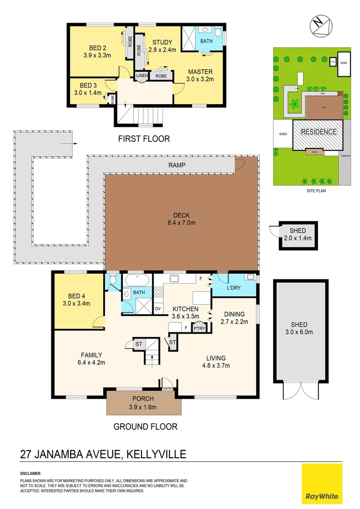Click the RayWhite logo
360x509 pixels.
click(322, 484)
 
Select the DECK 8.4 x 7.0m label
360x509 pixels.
click(181, 219)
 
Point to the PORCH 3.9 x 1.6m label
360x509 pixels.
click(143, 403)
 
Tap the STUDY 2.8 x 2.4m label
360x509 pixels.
click(162, 46)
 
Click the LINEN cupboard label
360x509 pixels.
click(141, 75)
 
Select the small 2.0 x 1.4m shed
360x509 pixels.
click(297, 234)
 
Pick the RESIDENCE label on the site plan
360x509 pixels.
click(319, 132)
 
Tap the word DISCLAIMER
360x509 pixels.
click(31, 473)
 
